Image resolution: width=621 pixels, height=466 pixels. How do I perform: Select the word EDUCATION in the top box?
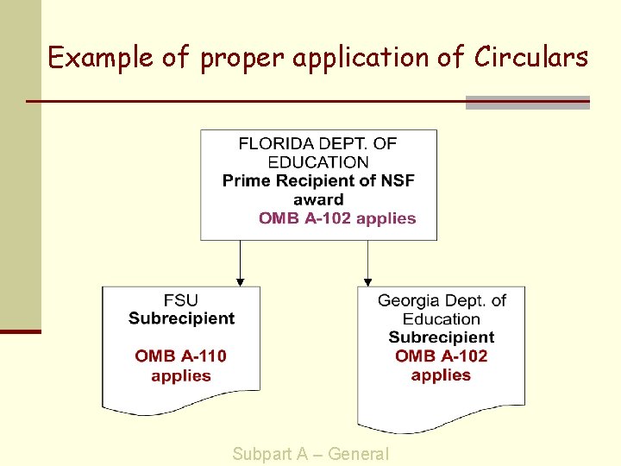coord(318,162)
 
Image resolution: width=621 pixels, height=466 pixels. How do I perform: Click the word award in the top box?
coord(318,199)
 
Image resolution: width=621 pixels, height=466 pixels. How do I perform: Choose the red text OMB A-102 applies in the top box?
coord(337,218)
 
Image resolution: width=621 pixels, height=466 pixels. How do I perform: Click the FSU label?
coord(180,300)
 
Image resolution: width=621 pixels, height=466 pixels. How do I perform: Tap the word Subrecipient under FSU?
coord(181,318)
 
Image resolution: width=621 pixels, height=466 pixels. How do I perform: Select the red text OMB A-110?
coord(181,356)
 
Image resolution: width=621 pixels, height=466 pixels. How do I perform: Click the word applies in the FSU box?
coord(181,375)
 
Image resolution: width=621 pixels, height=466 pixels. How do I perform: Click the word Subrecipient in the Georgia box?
coord(441,337)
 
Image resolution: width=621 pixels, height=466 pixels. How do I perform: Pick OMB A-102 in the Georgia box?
coord(441,356)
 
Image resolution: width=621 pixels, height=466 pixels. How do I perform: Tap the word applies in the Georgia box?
coord(441,375)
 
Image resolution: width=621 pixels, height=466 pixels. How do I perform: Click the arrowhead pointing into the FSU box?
coord(241,281)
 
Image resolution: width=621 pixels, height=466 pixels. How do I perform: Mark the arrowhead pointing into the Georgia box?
coord(368,281)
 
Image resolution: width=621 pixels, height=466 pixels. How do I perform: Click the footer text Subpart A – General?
coord(310,454)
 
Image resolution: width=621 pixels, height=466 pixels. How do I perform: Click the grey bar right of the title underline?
coord(527,103)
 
